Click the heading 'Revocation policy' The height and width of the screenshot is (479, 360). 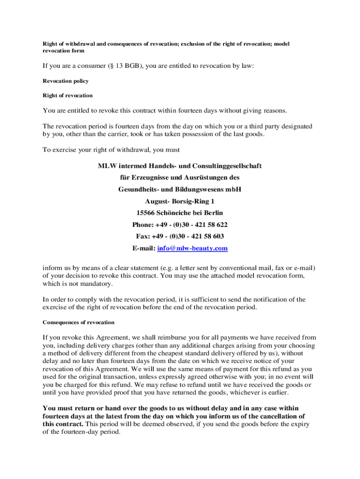(x=65, y=81)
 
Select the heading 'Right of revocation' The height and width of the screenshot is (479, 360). (x=68, y=95)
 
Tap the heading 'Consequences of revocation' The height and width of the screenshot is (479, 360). (x=79, y=322)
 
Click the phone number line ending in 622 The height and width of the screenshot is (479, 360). (x=180, y=225)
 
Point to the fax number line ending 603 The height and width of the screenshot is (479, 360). (x=180, y=237)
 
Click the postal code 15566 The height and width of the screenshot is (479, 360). (x=145, y=213)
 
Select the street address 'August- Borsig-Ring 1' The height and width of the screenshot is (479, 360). (x=180, y=202)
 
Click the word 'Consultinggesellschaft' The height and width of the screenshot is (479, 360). (x=228, y=166)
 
